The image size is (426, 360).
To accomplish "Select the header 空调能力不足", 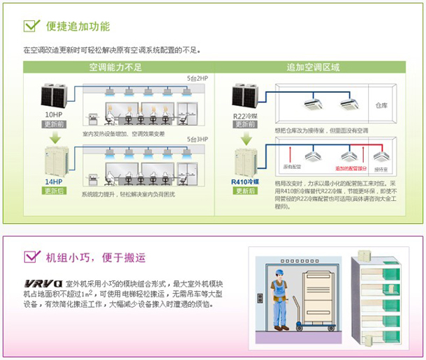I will (115, 68).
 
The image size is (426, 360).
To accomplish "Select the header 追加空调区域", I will (314, 68).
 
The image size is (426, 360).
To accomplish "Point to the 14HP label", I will (53, 181).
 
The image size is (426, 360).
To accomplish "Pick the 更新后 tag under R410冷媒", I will (245, 190).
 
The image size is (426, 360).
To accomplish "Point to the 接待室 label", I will (381, 169).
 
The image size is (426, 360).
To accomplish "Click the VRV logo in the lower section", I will (42, 284).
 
